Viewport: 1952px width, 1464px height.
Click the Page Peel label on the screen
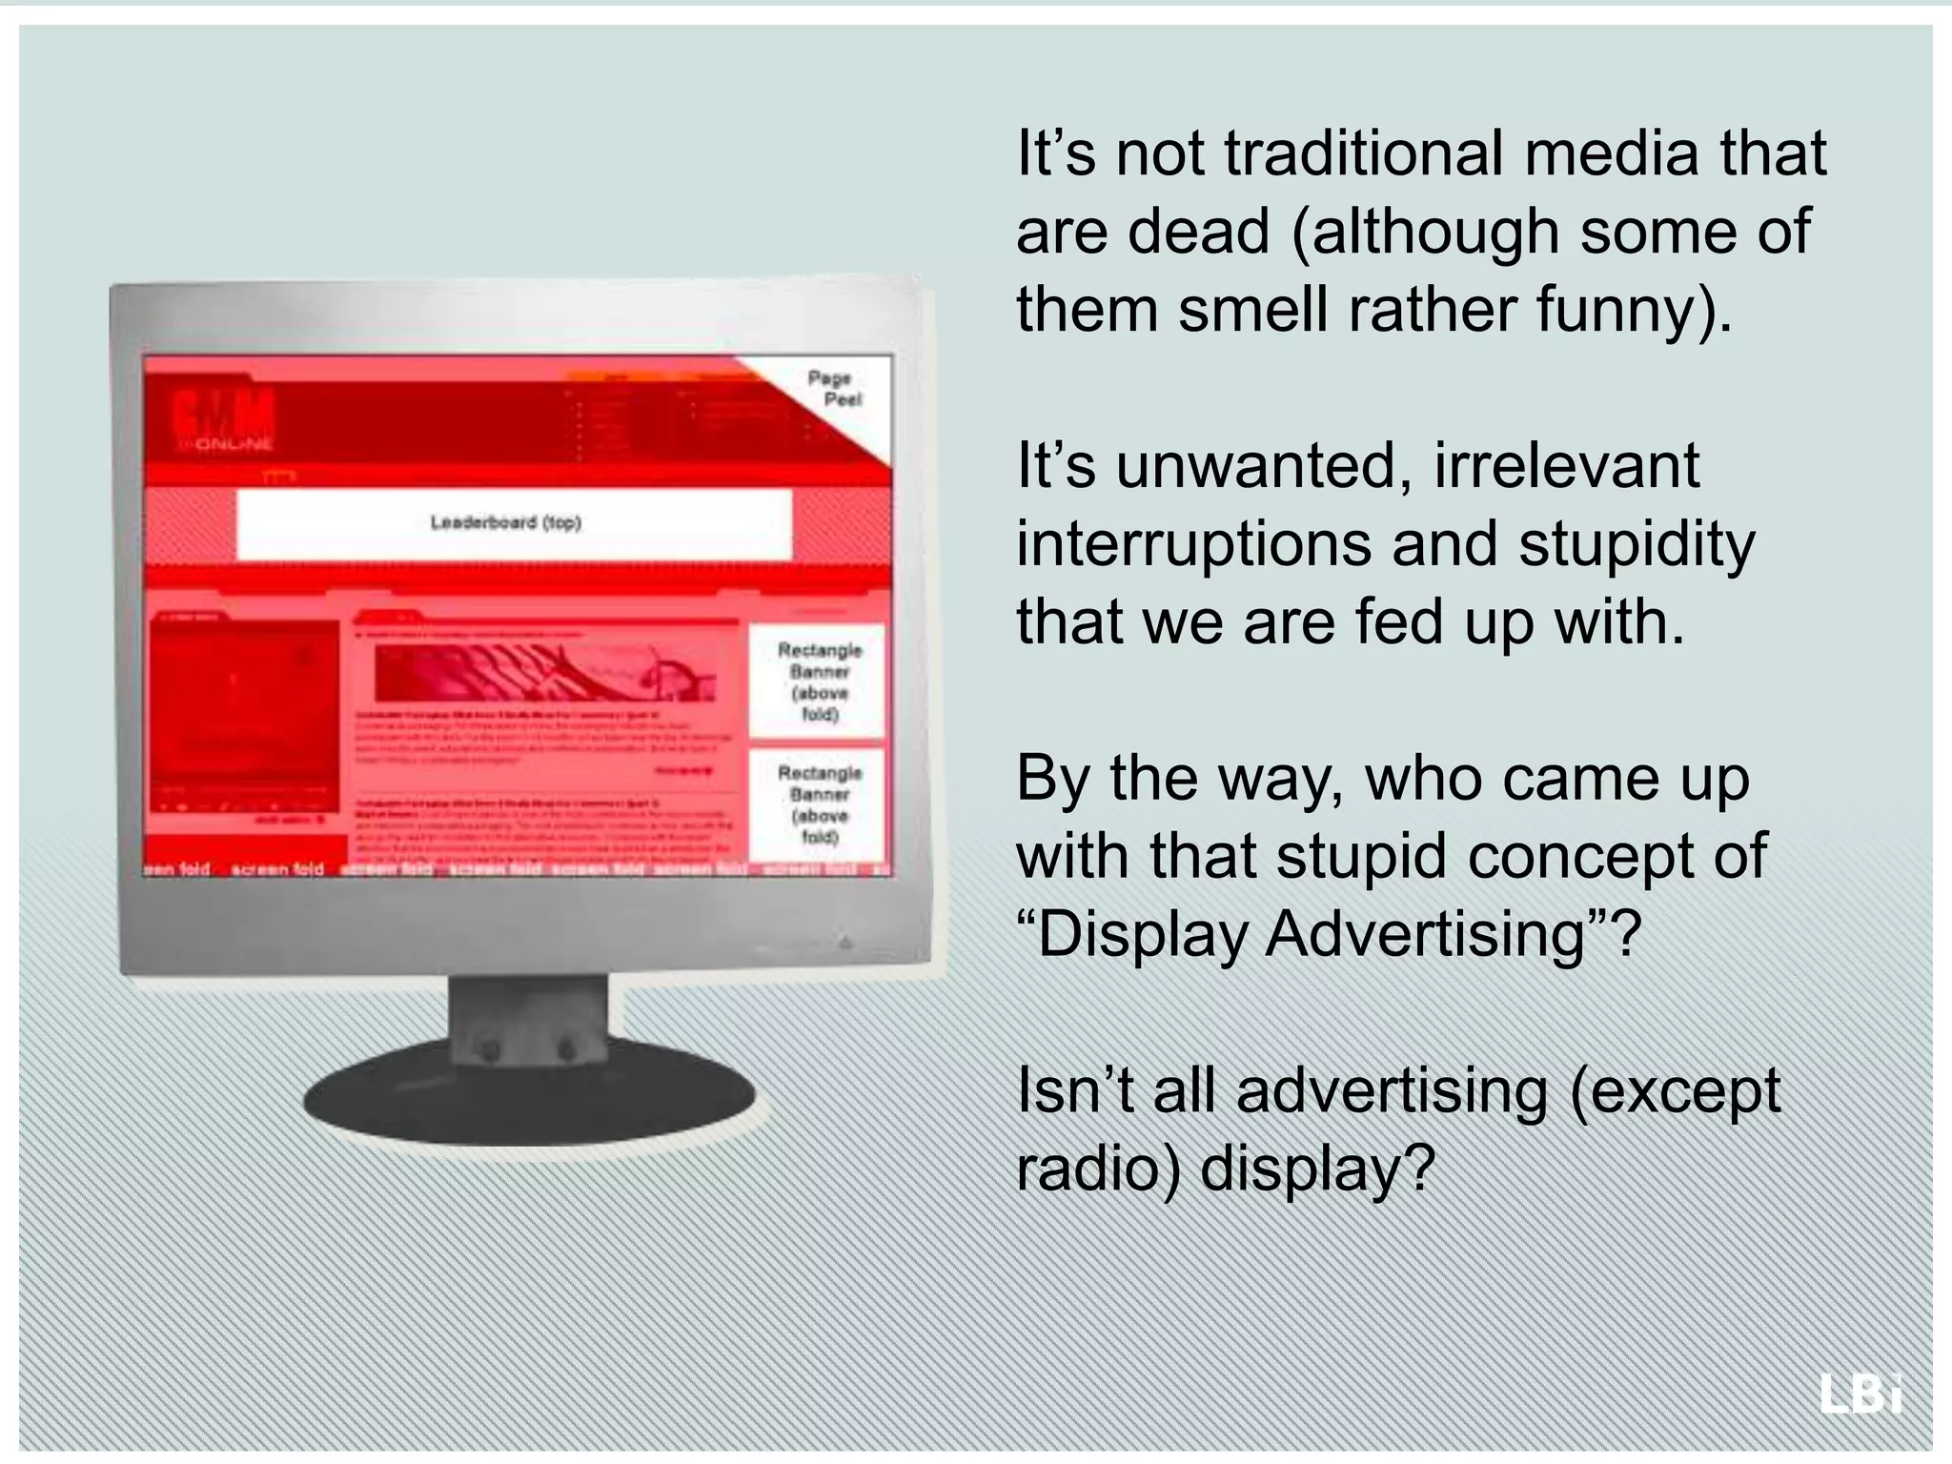pos(836,388)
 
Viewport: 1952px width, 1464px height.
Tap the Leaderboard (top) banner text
pos(505,522)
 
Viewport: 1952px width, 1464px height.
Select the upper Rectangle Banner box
pos(818,681)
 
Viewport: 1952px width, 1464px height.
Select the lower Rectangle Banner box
pos(818,803)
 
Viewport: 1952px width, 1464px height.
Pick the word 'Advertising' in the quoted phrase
pos(1424,934)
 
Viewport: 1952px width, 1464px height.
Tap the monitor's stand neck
pos(527,1020)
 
